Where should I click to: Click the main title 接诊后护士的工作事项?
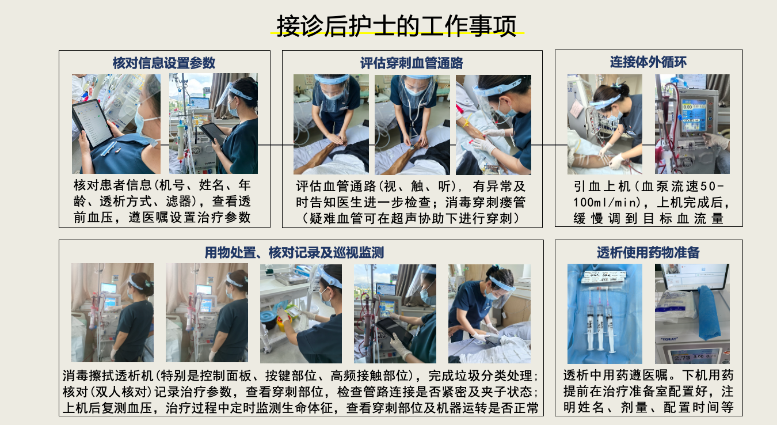pyautogui.click(x=397, y=26)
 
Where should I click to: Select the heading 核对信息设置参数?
pyautogui.click(x=164, y=63)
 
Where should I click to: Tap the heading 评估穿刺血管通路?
pyautogui.click(x=412, y=63)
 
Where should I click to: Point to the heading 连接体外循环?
pyautogui.click(x=648, y=62)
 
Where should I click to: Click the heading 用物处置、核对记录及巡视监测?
pyautogui.click(x=294, y=253)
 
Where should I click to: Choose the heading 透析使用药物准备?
pyautogui.click(x=648, y=252)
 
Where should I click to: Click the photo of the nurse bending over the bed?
pyautogui.click(x=489, y=314)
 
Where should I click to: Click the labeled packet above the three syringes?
pyautogui.click(x=604, y=277)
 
